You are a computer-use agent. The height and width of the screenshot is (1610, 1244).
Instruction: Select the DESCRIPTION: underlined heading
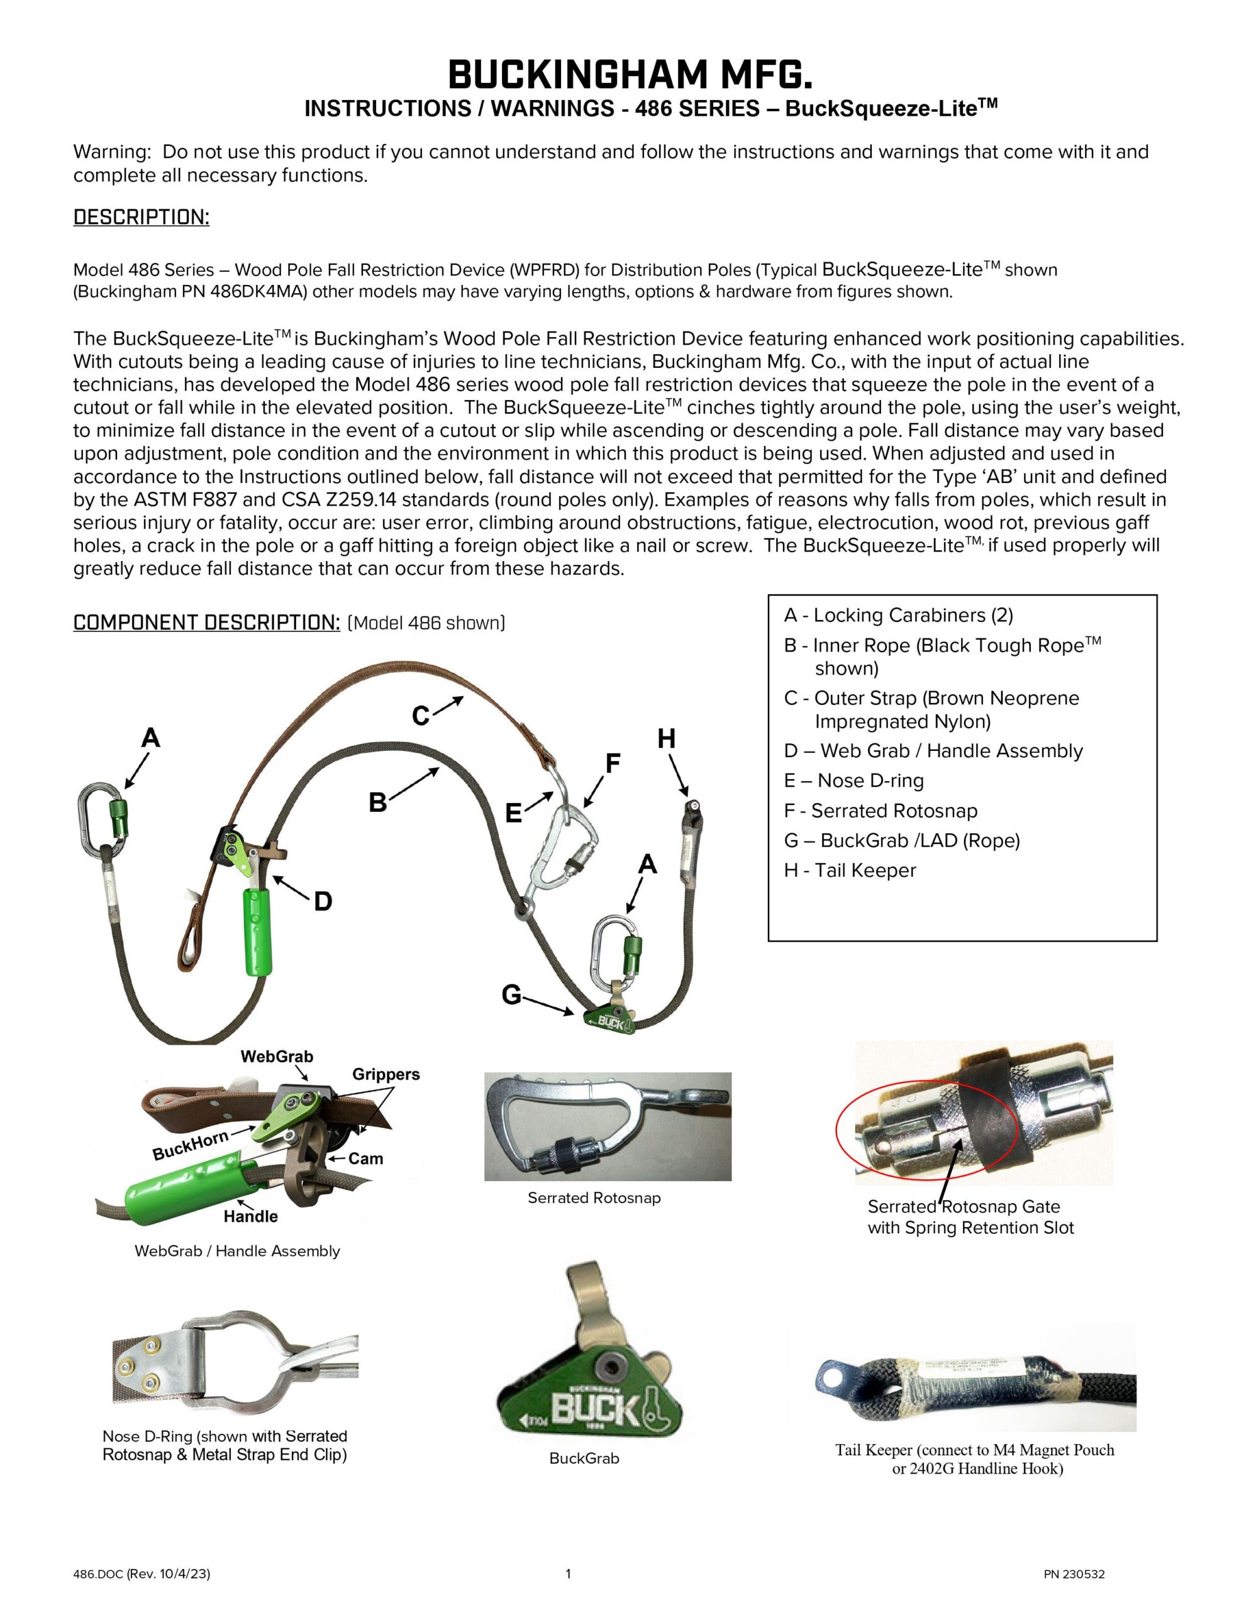141,218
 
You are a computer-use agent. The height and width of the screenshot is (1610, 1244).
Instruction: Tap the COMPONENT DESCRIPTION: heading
206,623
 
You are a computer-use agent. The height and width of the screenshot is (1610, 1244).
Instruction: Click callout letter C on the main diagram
420,716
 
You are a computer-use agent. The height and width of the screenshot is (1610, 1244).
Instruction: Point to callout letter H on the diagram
666,739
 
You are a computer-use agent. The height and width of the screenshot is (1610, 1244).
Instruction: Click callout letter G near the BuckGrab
511,995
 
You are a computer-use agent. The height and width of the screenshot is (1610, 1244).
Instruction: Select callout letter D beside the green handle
323,901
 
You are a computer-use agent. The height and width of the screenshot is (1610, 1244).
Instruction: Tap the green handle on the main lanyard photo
255,932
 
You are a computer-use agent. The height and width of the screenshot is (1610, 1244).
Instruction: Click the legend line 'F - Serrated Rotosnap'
880,811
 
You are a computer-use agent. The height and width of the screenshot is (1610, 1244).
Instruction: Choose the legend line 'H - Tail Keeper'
850,870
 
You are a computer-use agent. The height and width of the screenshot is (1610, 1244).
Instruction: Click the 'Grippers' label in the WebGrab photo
386,1074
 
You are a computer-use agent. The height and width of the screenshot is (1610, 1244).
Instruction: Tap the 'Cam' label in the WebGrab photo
366,1158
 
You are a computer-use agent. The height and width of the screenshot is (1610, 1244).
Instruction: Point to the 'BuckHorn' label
191,1146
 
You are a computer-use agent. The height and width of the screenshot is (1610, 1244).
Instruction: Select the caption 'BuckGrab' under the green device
584,1458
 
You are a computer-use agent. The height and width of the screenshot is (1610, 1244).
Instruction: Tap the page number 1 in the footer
568,1574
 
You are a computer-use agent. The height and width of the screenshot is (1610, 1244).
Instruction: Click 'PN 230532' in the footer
1074,1575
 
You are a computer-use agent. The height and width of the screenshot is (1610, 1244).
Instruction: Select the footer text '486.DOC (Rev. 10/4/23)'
142,1574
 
